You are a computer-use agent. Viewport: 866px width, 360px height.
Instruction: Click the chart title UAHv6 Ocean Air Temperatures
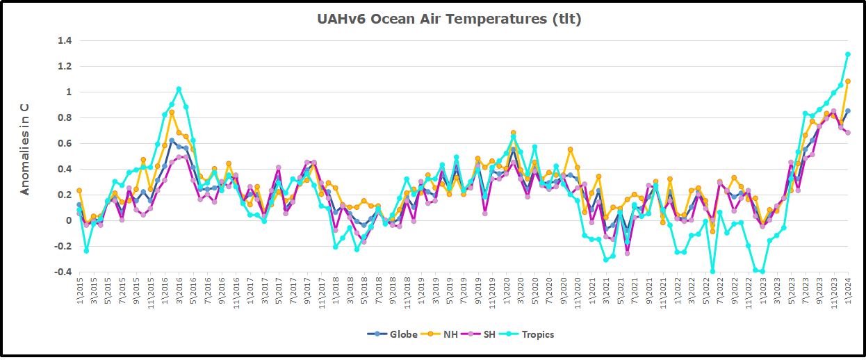coord(449,19)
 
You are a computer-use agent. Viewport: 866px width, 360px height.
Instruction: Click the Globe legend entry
coord(393,334)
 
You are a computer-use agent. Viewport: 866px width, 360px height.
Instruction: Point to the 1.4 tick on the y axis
coord(65,41)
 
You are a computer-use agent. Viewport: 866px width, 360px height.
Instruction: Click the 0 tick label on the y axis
coord(69,220)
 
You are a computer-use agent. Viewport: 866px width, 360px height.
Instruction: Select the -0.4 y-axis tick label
coord(63,272)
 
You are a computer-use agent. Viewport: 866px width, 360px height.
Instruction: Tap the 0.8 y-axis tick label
coord(65,118)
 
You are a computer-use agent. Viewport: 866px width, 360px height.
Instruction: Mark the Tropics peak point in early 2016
coord(179,89)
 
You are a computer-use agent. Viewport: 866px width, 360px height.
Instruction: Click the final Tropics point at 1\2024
coord(848,54)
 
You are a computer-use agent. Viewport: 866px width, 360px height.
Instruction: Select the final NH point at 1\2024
coord(848,81)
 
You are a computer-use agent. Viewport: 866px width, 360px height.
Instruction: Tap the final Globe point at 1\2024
coord(848,111)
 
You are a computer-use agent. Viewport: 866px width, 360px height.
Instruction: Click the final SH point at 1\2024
coord(848,133)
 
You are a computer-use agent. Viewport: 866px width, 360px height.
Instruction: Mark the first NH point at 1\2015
coord(79,190)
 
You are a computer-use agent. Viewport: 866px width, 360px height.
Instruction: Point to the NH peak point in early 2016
coord(172,112)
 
